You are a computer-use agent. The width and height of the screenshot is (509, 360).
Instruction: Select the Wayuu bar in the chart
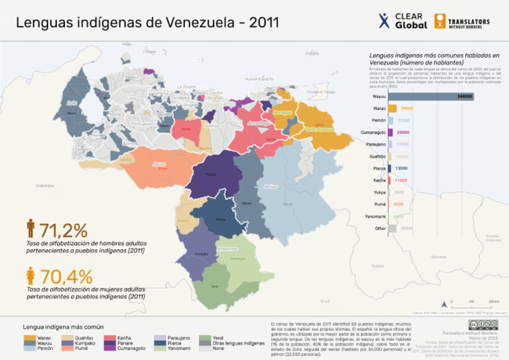[x=431, y=96]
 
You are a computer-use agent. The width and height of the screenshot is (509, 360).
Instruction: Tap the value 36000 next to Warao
[x=407, y=108]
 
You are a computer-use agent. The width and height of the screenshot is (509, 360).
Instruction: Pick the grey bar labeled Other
[x=392, y=228]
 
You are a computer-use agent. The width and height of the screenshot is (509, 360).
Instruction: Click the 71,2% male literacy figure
[x=64, y=231]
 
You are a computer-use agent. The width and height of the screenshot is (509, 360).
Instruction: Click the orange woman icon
[x=30, y=275]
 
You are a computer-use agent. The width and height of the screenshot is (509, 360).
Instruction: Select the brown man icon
[x=30, y=229]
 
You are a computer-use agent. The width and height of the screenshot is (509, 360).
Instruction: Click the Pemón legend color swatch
[x=30, y=348]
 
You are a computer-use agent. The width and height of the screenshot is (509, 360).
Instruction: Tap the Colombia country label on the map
[x=45, y=185]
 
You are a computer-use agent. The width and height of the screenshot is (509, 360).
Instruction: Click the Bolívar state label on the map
[x=270, y=187]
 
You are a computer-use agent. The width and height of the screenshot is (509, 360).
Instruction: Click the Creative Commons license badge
[x=480, y=324]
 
